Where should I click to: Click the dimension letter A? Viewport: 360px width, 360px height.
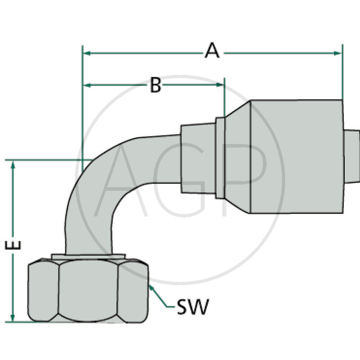[212, 50]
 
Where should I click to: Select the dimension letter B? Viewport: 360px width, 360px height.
[155, 85]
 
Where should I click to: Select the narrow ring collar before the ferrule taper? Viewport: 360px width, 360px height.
[220, 157]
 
